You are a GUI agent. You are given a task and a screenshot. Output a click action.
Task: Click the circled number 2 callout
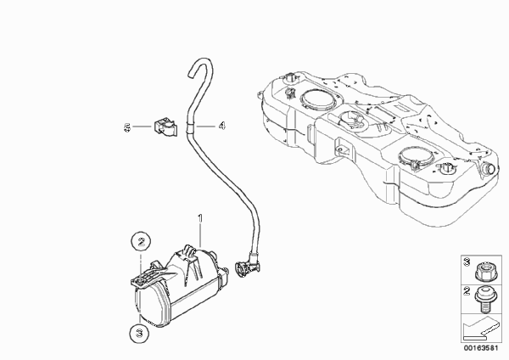pos(141,242)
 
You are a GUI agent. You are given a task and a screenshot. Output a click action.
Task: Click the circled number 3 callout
pos(139,333)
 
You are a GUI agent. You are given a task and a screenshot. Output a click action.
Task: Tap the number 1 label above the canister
pos(200,218)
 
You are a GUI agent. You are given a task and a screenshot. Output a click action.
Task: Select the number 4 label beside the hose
pos(221,126)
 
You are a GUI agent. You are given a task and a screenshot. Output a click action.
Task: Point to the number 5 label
pos(127,127)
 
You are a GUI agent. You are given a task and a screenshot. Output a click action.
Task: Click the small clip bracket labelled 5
pos(165,127)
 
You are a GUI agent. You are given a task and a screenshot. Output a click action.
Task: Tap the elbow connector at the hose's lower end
pos(247,267)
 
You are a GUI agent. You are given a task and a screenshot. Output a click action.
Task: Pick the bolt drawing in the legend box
pos(485,298)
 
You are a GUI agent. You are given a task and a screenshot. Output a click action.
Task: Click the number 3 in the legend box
pos(467,262)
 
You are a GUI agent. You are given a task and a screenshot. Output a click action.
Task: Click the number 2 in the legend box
pos(467,291)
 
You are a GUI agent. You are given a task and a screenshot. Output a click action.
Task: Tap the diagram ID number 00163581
pos(481,348)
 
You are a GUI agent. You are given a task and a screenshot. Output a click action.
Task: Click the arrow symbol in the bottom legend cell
pos(481,329)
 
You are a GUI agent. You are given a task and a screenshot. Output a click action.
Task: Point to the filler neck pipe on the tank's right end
pos(489,169)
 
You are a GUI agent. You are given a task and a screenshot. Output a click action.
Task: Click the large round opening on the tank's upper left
pos(318,98)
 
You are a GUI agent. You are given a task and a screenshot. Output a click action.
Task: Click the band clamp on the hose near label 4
pos(190,127)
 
